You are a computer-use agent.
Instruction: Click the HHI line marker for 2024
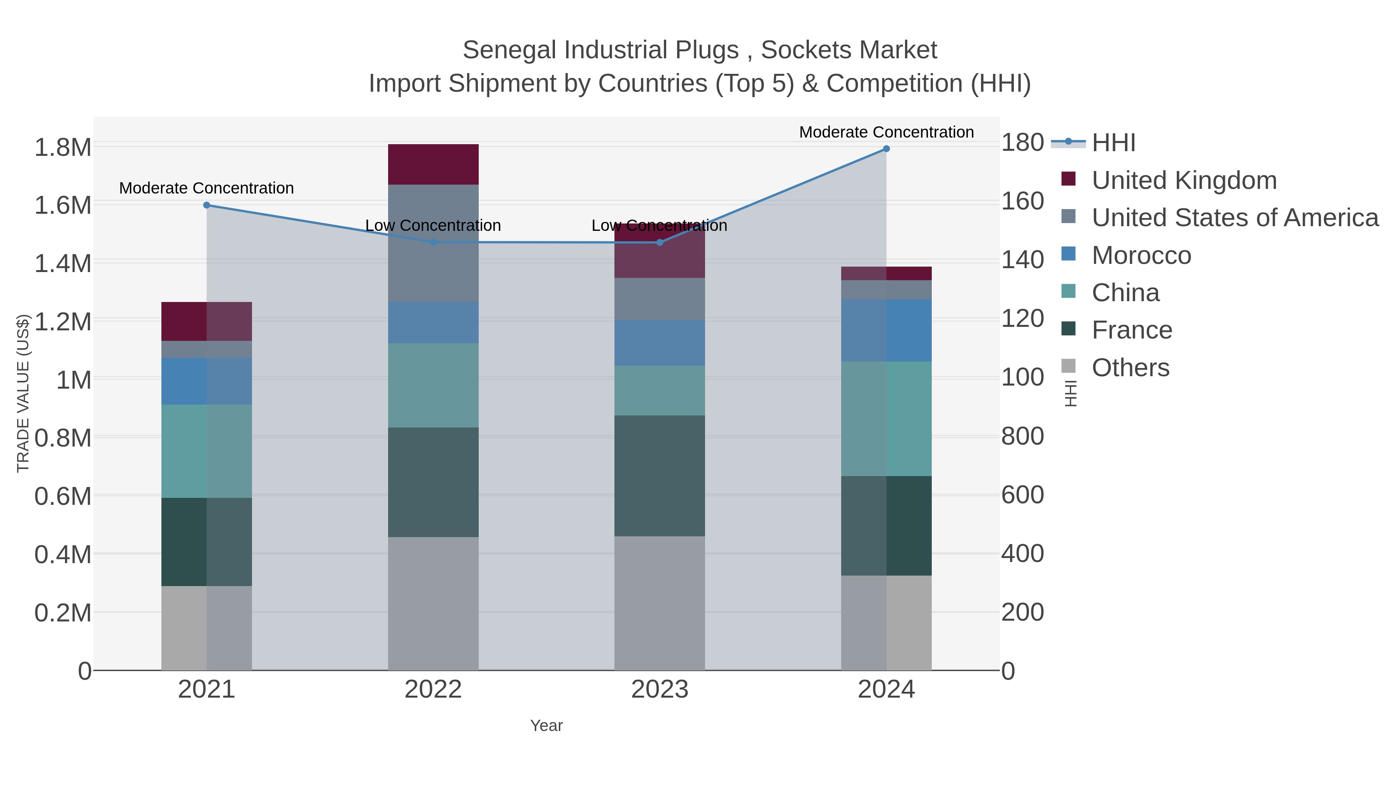(x=886, y=149)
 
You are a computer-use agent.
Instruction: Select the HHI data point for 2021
(x=206, y=205)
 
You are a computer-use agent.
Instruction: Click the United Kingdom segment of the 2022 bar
(x=433, y=164)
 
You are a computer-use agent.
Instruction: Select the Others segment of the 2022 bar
(x=433, y=603)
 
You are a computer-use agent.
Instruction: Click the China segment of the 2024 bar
(x=886, y=419)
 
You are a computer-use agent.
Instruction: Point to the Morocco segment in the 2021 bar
(x=206, y=381)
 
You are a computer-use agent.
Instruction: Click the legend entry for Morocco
(x=1141, y=255)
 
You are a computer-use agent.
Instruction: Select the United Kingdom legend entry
(x=1184, y=180)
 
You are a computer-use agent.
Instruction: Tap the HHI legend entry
(x=1113, y=143)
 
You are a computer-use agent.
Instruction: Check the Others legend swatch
(x=1068, y=366)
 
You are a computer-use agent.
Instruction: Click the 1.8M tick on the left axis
(x=63, y=148)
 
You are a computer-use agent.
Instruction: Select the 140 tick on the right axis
(x=1022, y=260)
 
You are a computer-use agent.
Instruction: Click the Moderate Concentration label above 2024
(x=886, y=132)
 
